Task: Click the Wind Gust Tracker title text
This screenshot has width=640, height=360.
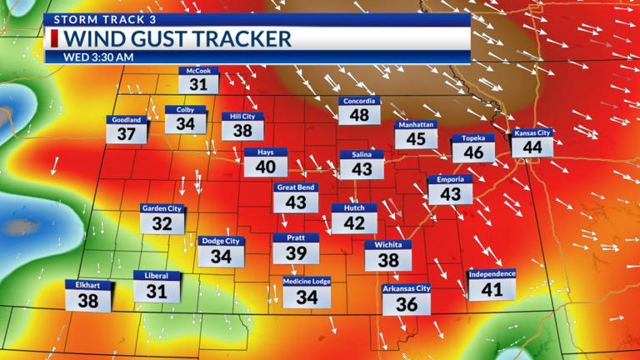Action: (x=178, y=38)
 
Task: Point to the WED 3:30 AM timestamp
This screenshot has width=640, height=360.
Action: (x=98, y=57)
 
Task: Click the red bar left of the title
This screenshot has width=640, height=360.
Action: (x=54, y=38)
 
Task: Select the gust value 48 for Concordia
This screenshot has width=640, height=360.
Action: (x=359, y=115)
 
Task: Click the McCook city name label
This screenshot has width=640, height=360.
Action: (x=198, y=72)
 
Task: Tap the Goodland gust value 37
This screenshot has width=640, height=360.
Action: (x=127, y=134)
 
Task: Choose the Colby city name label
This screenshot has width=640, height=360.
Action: (x=185, y=109)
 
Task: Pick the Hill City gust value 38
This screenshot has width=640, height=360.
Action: (x=242, y=131)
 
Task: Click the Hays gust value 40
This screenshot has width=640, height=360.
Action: (x=266, y=167)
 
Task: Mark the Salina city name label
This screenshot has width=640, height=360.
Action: (x=362, y=154)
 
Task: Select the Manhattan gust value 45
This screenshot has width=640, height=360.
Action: (x=416, y=138)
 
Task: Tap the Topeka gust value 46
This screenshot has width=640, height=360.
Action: (x=473, y=152)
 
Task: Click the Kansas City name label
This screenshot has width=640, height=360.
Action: (x=532, y=132)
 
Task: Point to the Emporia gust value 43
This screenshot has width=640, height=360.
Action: (x=450, y=193)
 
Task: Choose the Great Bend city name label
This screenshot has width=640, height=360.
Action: (x=296, y=187)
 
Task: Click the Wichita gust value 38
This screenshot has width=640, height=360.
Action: (x=388, y=260)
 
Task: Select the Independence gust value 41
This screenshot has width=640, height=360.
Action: (x=492, y=289)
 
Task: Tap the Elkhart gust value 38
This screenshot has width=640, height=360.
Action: (x=88, y=301)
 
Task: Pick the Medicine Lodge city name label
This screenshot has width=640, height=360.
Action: (x=307, y=282)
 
